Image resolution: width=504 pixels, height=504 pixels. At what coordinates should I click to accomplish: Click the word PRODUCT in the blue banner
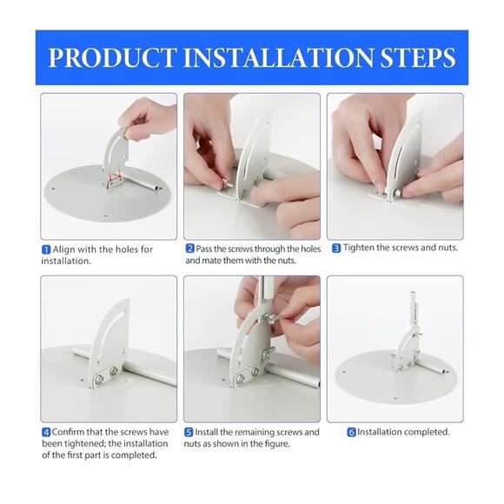coord(112,57)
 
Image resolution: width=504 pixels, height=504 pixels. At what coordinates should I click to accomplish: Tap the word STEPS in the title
coord(418,57)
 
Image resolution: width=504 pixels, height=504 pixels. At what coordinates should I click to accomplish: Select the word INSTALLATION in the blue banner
coord(279,57)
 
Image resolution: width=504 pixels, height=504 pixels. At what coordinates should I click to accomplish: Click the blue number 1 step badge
coord(46,249)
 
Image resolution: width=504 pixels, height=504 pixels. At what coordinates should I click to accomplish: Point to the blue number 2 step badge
coord(190,249)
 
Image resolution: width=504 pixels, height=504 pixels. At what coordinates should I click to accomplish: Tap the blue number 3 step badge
coord(336,249)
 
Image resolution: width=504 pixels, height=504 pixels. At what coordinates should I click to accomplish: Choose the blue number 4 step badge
coord(46,433)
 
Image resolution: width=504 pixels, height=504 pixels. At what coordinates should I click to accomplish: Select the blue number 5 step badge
coord(189,433)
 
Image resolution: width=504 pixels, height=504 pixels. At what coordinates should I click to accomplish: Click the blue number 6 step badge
coord(352,433)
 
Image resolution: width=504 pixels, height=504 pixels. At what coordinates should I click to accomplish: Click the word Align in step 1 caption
coord(64,249)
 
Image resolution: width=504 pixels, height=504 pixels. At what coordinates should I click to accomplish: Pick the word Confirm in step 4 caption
coord(68,432)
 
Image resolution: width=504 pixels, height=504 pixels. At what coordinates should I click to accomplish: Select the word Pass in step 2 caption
coord(204,249)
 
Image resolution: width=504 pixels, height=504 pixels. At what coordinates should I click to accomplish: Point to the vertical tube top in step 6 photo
coord(414,294)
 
